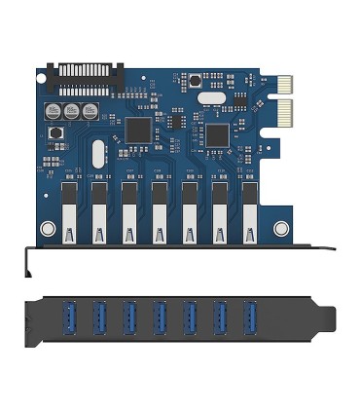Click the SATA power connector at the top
tap(87, 73)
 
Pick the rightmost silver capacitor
tap(90, 112)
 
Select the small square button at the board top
tap(196, 81)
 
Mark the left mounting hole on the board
tap(47, 230)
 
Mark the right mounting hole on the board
tap(281, 230)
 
